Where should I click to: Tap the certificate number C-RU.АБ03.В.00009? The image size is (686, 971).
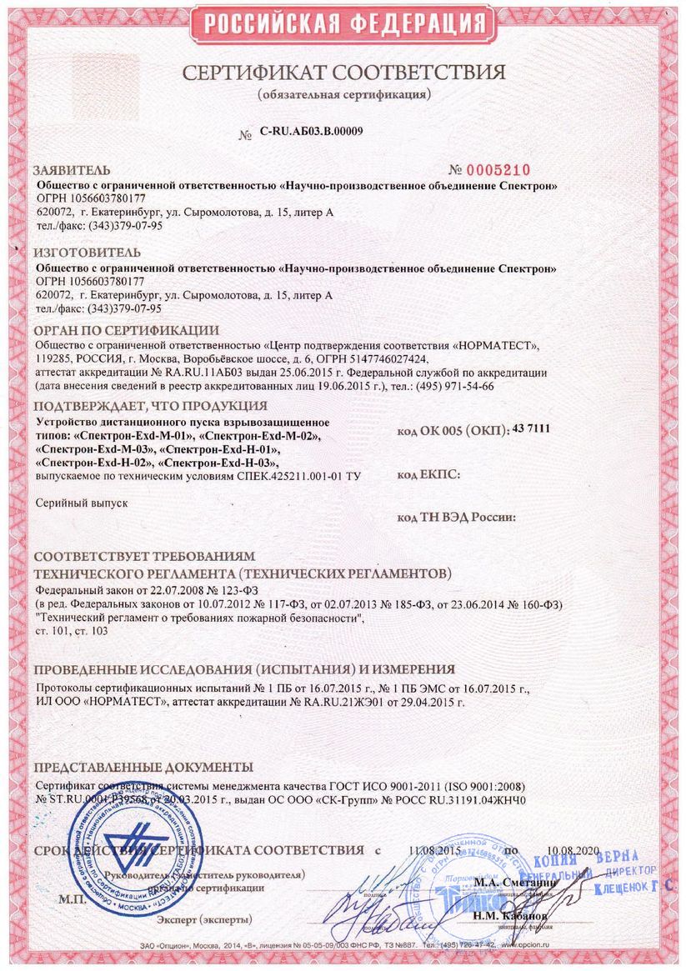[x=310, y=131]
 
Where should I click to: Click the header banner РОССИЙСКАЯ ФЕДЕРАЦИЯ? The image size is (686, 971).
[x=343, y=23]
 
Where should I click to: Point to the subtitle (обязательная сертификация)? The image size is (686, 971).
[x=343, y=93]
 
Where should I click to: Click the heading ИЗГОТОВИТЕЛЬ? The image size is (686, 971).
[x=87, y=252]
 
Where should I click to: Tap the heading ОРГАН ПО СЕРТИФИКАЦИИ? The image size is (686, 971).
[x=126, y=330]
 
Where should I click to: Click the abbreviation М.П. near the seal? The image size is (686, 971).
[x=73, y=901]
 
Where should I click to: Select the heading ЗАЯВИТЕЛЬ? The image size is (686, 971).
[x=71, y=169]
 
